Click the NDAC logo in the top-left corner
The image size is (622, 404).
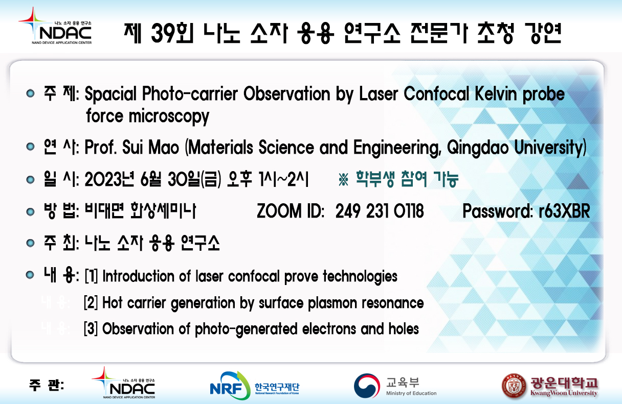tap(55, 26)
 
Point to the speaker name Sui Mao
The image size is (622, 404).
tap(150, 147)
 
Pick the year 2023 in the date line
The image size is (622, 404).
tap(103, 179)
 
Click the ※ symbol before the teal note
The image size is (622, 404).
tap(344, 179)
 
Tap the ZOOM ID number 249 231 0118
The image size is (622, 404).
tap(380, 211)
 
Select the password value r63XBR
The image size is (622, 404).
tap(564, 211)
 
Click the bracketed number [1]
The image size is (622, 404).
tap(91, 276)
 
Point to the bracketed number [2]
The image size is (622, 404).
tap(91, 302)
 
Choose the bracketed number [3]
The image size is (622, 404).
tap(91, 329)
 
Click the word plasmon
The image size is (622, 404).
tap(332, 303)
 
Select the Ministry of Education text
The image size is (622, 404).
tap(411, 393)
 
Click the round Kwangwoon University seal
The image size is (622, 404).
tap(514, 386)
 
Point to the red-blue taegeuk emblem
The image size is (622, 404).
tap(367, 386)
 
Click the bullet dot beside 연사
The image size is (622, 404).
tap(30, 147)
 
